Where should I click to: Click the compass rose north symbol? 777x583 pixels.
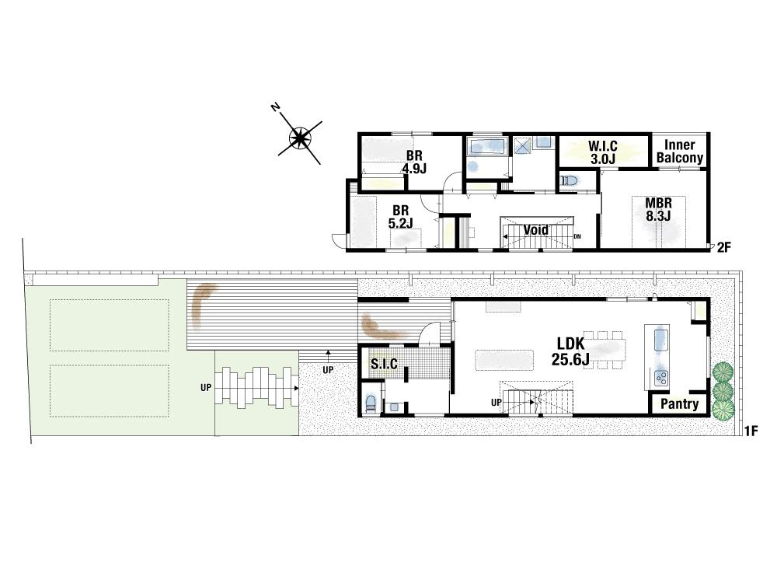300,137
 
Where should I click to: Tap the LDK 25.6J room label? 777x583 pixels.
571,351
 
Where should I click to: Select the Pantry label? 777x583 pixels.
679,404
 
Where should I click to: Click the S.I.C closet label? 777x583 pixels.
384,364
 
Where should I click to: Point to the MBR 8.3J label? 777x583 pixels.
659,210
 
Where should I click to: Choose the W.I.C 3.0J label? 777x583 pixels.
603,152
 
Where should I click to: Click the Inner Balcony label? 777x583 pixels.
679,152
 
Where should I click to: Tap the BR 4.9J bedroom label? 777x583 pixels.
414,162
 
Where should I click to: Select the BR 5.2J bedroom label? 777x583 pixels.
400,217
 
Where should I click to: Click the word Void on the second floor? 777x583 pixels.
536,229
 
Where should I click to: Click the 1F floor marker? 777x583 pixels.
751,431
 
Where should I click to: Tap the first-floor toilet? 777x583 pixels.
370,402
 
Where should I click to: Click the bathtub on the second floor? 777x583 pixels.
486,147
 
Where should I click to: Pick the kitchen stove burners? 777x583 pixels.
660,379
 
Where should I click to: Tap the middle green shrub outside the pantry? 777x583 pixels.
723,392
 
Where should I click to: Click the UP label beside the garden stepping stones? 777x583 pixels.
206,388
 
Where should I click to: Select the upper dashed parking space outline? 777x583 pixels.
110,325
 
